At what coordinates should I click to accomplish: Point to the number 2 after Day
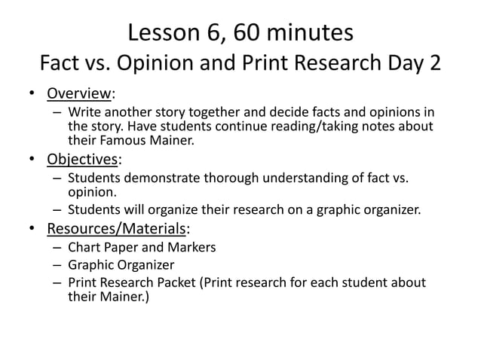(x=434, y=63)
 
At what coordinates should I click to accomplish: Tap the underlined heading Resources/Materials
(x=116, y=227)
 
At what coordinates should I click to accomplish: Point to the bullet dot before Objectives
(x=32, y=160)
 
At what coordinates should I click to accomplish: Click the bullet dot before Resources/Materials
(x=32, y=228)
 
